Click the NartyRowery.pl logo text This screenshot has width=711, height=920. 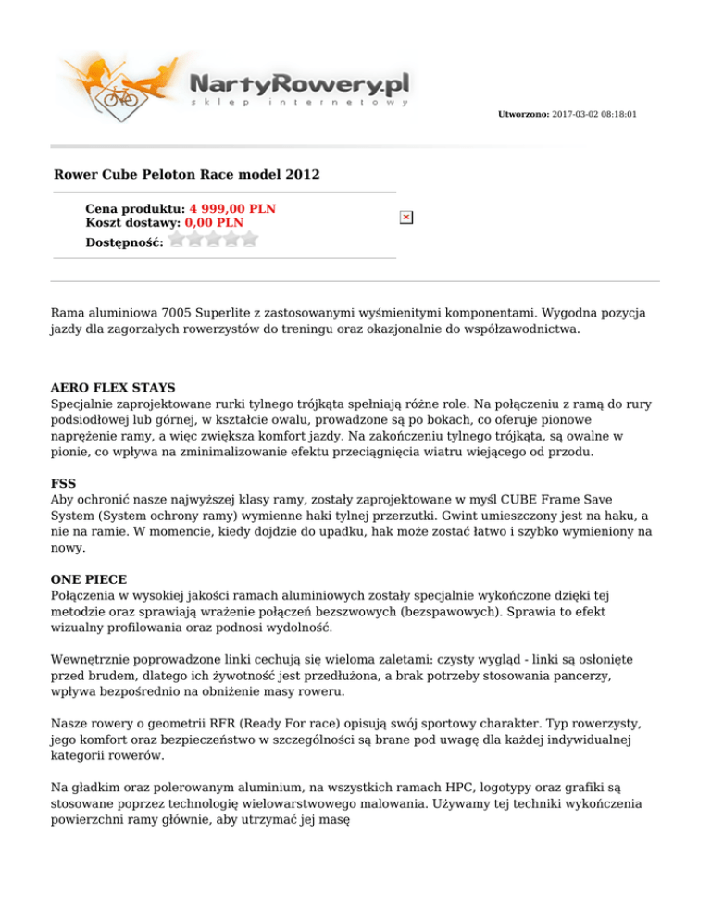pyautogui.click(x=298, y=83)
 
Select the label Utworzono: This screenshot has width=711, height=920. pyautogui.click(x=523, y=114)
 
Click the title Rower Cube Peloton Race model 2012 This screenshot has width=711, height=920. pyautogui.click(x=188, y=173)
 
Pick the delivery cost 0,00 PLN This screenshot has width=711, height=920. pyautogui.click(x=214, y=222)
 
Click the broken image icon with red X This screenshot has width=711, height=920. pyautogui.click(x=405, y=217)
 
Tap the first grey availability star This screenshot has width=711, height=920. pyautogui.click(x=178, y=239)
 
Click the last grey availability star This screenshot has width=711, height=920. pyautogui.click(x=248, y=239)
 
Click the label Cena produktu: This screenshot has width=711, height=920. pyautogui.click(x=135, y=209)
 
